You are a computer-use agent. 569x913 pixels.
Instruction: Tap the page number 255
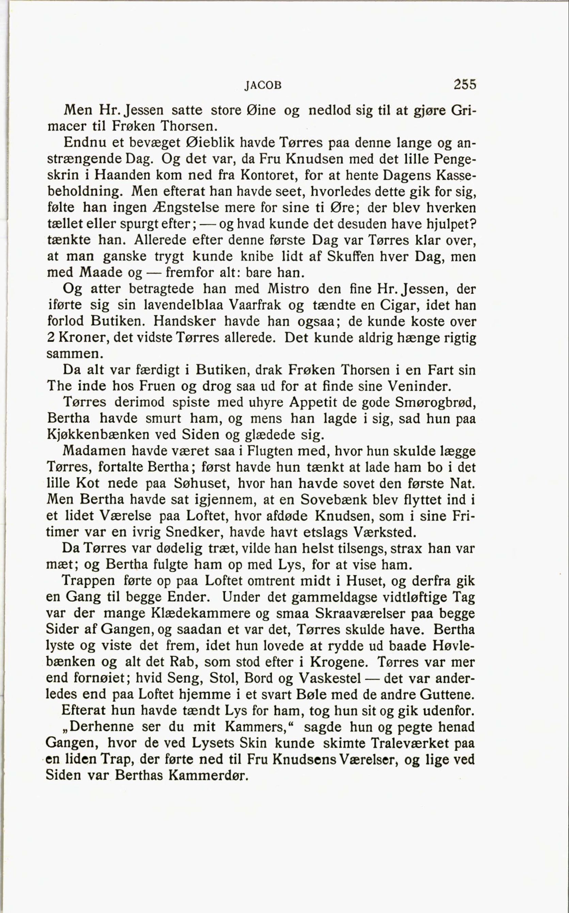point(465,84)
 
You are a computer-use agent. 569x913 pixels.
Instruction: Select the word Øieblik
point(211,143)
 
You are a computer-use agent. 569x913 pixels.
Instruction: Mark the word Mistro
point(289,289)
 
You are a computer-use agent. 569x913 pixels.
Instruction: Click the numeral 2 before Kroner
point(51,338)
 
